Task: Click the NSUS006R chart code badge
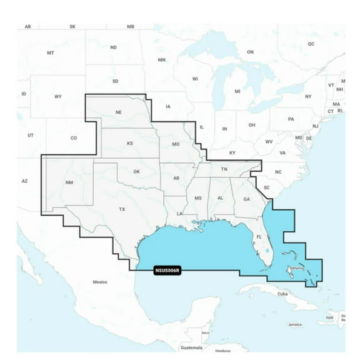[x=167, y=271]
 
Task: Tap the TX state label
[x=122, y=209]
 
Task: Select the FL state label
[x=259, y=237]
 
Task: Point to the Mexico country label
[x=100, y=282]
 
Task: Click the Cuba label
[x=282, y=293]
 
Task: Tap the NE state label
[x=118, y=113]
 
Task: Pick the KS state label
[x=130, y=144]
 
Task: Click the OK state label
[x=137, y=171]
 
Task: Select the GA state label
[x=246, y=199]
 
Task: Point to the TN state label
[x=224, y=169]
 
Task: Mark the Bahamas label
[x=296, y=267]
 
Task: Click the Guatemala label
[x=191, y=347]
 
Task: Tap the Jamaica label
[x=295, y=325]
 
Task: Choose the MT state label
[x=51, y=53]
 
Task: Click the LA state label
[x=179, y=214]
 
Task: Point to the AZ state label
[x=25, y=181]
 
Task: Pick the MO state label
[x=176, y=144]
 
